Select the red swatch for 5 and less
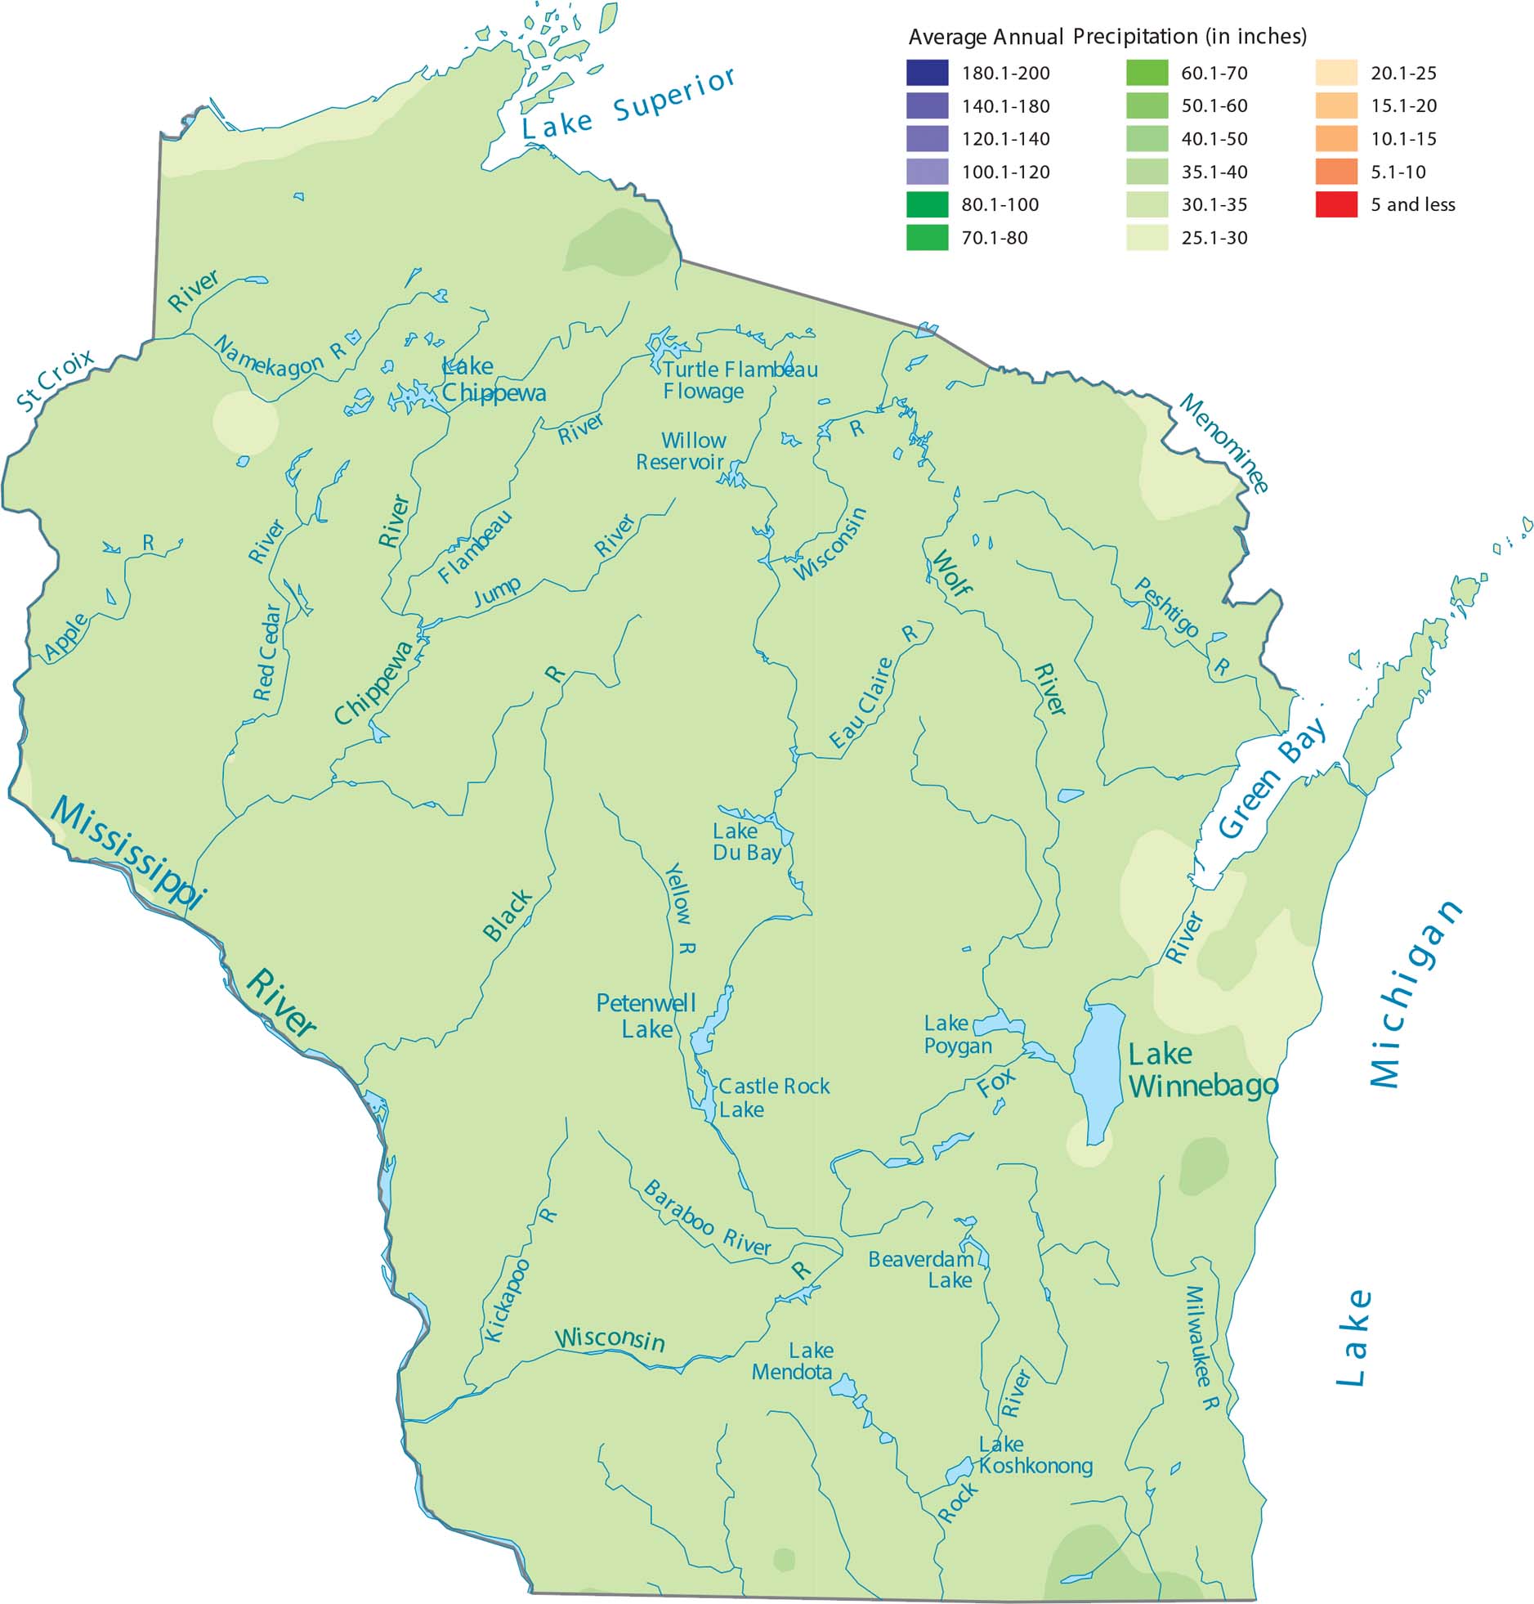tap(1336, 204)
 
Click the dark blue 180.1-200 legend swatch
tap(927, 73)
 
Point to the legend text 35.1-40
tap(1214, 172)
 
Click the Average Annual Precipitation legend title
tap(1107, 37)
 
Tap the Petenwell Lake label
tap(646, 1015)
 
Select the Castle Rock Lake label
tap(773, 1097)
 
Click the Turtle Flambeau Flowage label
tap(739, 380)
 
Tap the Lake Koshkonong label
tap(1035, 1455)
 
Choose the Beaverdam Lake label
tap(922, 1269)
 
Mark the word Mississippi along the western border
tap(127, 852)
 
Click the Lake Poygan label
tap(957, 1034)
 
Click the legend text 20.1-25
tap(1403, 73)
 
